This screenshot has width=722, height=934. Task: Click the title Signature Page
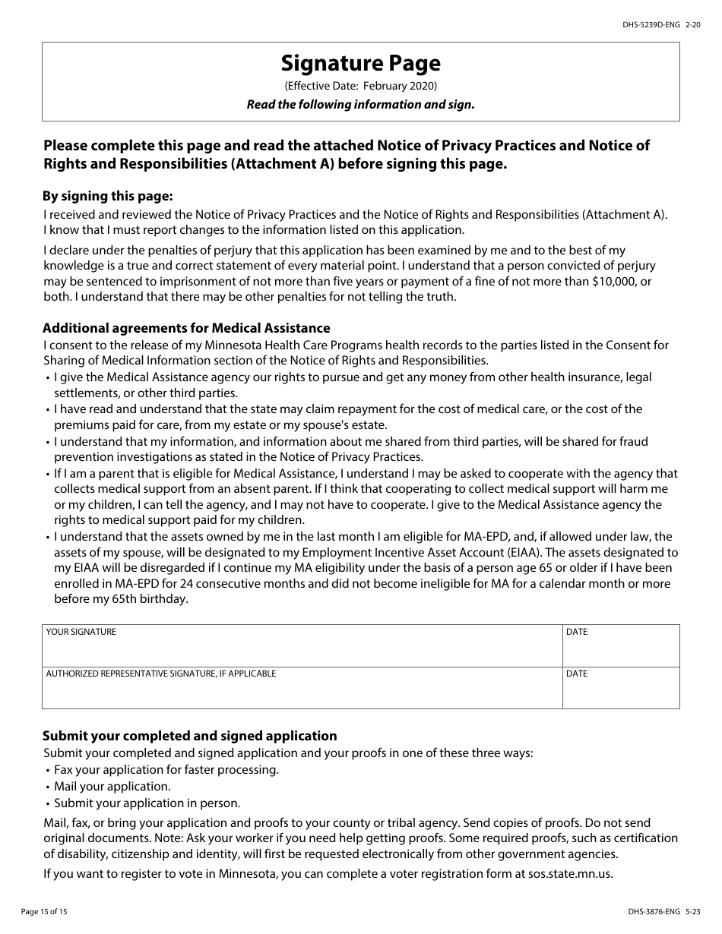point(360,63)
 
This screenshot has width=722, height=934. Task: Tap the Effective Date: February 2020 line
point(360,86)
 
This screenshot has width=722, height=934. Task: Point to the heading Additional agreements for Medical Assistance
point(186,328)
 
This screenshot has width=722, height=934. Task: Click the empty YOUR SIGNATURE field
point(302,651)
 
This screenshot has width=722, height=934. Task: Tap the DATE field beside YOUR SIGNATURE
point(620,651)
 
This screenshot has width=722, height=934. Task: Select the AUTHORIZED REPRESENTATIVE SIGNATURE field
point(302,692)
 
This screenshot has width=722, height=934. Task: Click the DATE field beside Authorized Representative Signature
point(620,692)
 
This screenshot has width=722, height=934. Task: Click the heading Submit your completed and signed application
point(189,736)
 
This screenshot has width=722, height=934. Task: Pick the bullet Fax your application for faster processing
point(166,769)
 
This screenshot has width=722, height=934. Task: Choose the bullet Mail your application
point(112,786)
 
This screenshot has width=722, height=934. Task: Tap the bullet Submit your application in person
point(147,803)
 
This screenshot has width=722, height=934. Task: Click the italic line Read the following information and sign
point(360,105)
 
